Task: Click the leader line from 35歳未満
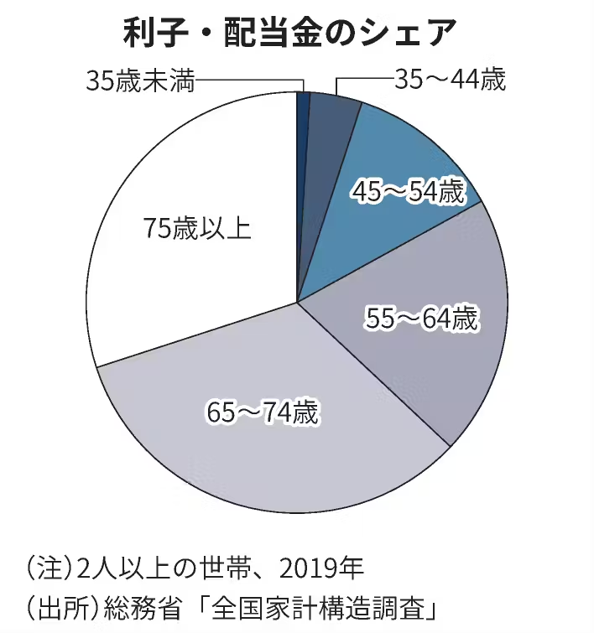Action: pos(252,81)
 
